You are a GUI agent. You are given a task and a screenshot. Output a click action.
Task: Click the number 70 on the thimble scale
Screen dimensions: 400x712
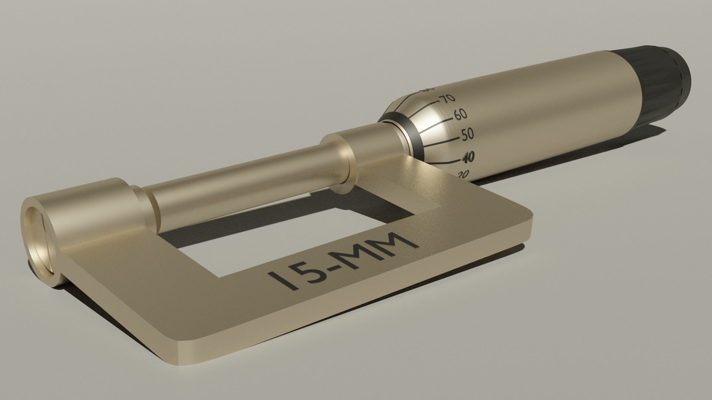[x=448, y=98]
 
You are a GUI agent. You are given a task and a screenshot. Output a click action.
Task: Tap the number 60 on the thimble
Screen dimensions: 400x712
[x=460, y=114]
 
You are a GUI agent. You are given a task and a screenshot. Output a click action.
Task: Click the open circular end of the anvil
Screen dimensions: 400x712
[x=39, y=241]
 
